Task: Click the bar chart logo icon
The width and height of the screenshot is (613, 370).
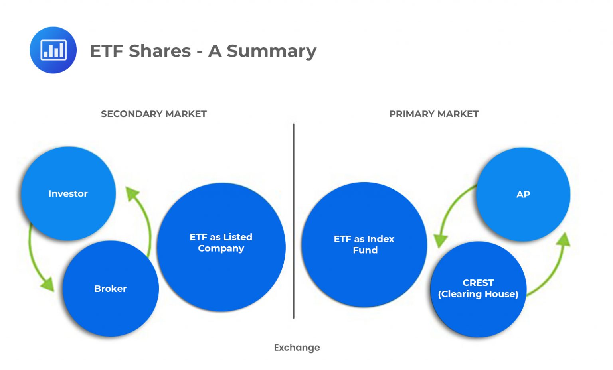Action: tap(53, 50)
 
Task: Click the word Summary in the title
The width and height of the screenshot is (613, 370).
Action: tap(271, 51)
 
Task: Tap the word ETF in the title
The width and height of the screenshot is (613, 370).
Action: tap(106, 51)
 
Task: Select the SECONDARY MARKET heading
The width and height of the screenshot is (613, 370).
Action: tap(154, 114)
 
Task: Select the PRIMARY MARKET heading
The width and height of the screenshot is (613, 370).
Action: tap(434, 114)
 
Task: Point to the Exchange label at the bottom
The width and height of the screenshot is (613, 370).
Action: tap(297, 348)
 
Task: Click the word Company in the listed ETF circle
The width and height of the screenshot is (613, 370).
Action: tap(221, 248)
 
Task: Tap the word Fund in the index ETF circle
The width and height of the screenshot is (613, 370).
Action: tap(365, 250)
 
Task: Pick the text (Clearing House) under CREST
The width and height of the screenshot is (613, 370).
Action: tap(478, 294)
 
